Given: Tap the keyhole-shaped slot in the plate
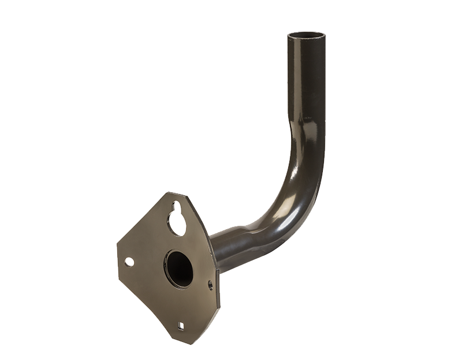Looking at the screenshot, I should [177, 219].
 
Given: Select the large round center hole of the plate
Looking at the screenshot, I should [180, 269].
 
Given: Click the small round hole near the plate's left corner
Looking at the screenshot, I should [129, 262].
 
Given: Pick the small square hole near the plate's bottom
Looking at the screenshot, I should [181, 326].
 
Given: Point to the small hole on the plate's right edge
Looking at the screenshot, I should [210, 284].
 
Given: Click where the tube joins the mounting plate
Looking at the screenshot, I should [216, 254].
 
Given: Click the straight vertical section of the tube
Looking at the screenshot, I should [306, 81].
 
